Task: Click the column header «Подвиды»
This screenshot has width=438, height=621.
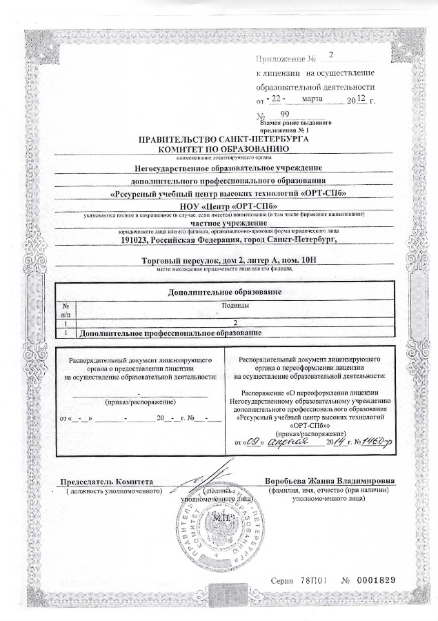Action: point(235,304)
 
